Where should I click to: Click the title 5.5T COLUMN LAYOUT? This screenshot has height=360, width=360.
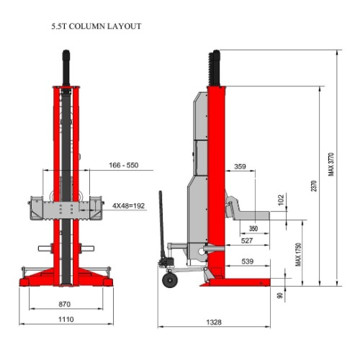96,26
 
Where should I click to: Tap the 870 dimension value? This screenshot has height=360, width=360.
65,304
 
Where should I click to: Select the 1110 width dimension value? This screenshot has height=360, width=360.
66,320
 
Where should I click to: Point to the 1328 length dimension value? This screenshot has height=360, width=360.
214,322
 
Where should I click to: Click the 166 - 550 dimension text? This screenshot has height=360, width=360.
124,165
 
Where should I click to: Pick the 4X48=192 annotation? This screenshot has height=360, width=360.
129,206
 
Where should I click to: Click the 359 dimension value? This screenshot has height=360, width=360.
240,166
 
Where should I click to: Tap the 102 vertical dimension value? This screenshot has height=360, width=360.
281,199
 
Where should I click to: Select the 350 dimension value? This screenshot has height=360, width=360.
253,228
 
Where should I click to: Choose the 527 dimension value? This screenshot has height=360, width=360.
247,240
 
